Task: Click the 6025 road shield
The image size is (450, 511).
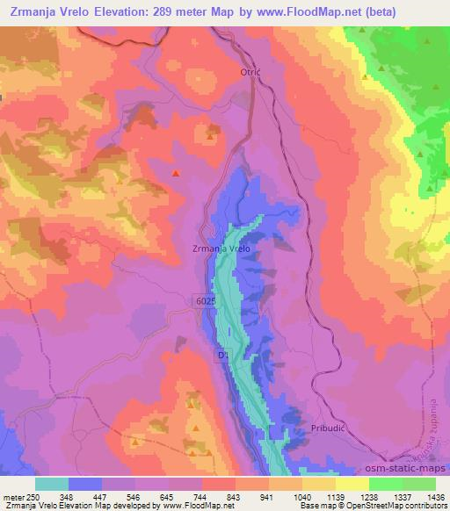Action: [x=205, y=300]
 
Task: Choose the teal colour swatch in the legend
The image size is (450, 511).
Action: [x=51, y=484]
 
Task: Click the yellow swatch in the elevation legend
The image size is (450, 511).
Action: [x=352, y=484]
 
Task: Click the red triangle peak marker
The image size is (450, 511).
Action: [x=176, y=173]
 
